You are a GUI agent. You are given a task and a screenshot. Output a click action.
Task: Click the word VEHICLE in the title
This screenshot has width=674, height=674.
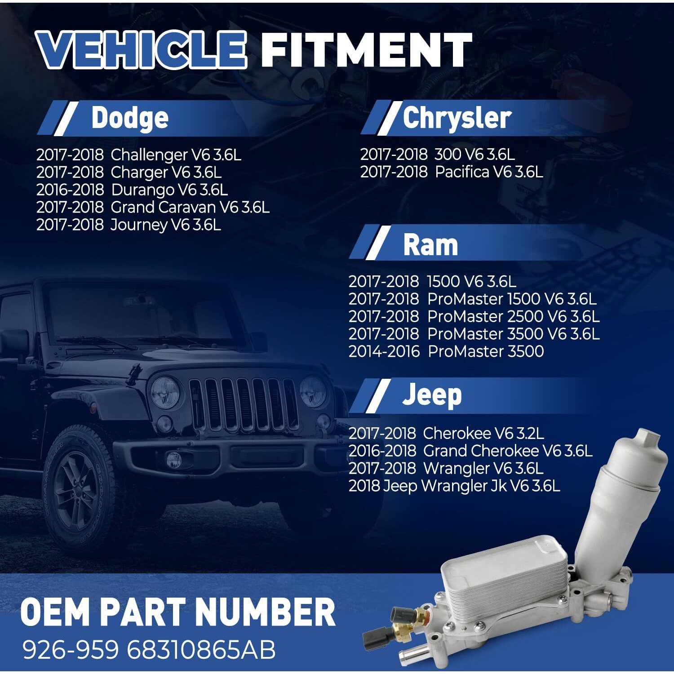coord(142,50)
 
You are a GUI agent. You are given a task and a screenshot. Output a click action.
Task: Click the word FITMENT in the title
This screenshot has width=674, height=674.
coord(366,50)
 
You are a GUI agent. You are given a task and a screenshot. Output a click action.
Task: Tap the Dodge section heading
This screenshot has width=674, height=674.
coord(130,118)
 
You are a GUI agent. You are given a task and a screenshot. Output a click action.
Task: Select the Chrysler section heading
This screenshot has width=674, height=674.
coord(457,118)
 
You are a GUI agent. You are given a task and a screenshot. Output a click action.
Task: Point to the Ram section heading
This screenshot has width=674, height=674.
coord(430,245)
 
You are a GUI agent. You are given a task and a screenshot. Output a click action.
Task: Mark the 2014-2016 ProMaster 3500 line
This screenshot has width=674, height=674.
coord(446,351)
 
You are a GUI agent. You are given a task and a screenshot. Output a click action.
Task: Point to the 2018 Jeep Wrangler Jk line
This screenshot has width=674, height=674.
coord(454,486)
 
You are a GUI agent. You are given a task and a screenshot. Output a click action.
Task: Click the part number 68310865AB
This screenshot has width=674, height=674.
coord(201,650)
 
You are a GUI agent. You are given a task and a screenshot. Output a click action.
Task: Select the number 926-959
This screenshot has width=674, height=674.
coord(71,650)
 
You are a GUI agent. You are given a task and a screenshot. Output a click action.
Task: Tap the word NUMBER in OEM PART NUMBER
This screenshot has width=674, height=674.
coord(266,612)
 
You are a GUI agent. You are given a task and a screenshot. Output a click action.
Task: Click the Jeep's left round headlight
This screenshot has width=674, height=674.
coord(164,392)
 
